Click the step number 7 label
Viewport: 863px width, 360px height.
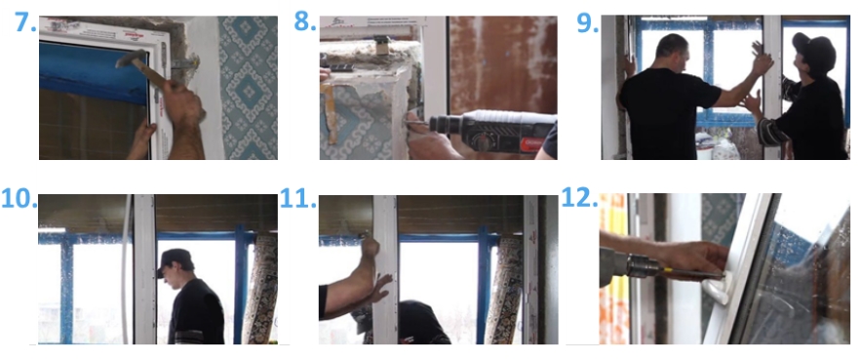pos(25,22)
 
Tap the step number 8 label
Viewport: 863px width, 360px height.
pos(305,22)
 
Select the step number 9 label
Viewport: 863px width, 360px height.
pos(587,22)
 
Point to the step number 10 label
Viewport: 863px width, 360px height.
pos(19,199)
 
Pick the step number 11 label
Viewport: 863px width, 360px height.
pos(297,199)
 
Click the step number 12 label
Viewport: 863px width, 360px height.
pos(579,198)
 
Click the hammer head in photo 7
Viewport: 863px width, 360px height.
pos(131,58)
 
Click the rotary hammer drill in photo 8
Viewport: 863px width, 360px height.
pos(492,132)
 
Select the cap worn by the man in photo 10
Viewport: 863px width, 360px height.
pos(174,258)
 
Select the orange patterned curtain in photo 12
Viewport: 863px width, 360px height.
pos(613,268)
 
